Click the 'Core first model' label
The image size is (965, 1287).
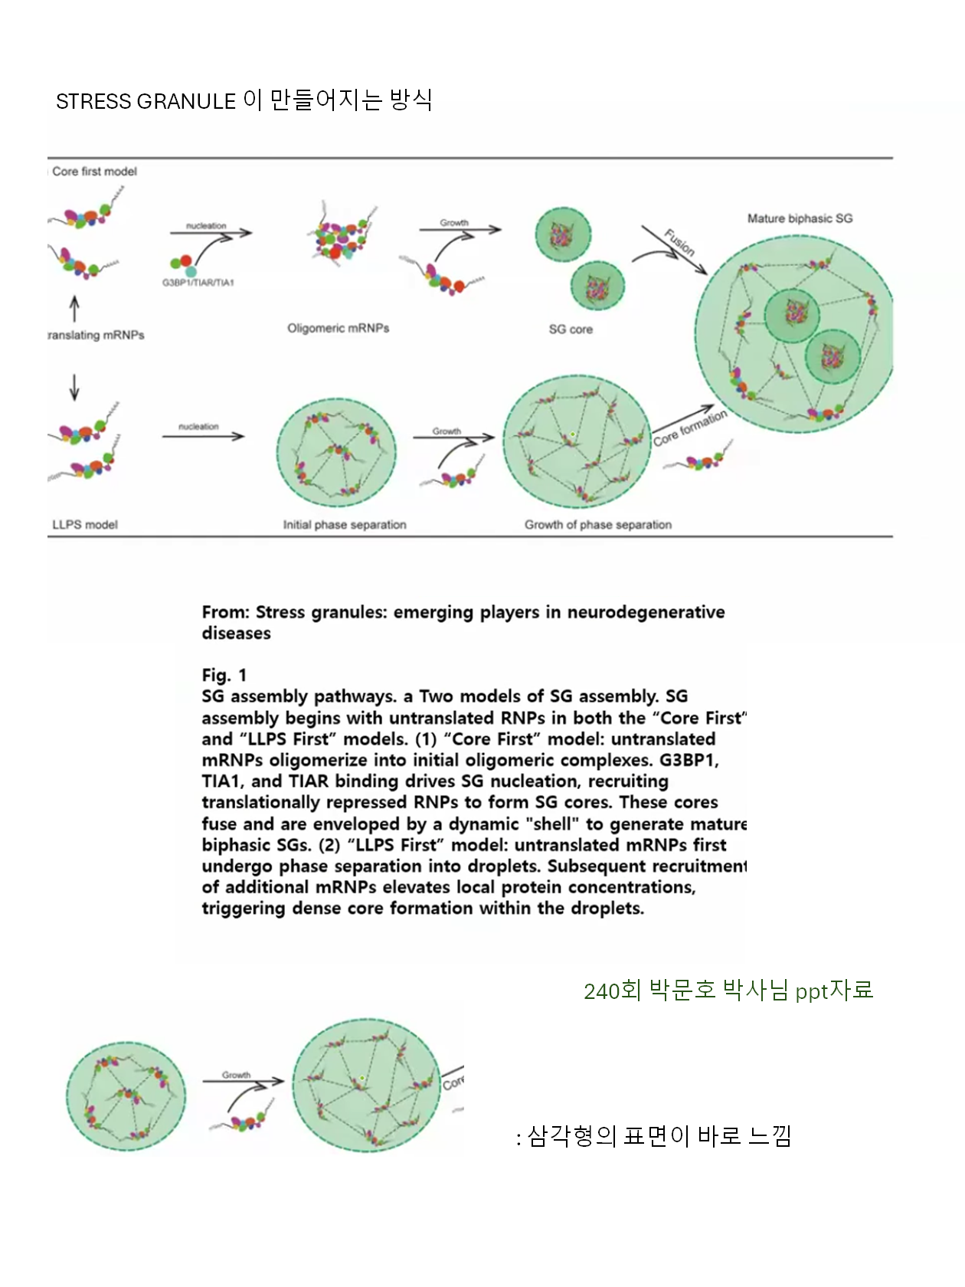coord(94,172)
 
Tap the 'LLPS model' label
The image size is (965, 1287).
coord(85,525)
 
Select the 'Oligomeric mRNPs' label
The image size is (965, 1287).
coord(338,328)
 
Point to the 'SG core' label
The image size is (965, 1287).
coord(571,329)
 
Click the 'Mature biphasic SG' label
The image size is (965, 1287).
coord(800,218)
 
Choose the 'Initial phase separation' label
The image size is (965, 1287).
coord(345,525)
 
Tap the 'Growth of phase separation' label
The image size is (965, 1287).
coord(598,525)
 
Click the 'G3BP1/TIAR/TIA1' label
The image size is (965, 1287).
coord(198,283)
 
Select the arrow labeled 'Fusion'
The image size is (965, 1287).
coord(675,250)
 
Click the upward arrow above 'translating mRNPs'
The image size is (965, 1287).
coord(74,309)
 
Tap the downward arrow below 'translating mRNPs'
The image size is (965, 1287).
coord(74,387)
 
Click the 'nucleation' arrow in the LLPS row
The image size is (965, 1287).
coord(203,437)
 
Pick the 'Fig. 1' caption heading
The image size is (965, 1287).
coord(224,675)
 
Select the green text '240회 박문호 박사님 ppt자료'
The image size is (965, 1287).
coord(728,991)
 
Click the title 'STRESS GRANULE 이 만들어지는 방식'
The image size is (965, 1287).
coord(244,100)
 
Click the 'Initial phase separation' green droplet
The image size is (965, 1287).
coord(337,453)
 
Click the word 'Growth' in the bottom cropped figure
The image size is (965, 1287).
coord(237,1076)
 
